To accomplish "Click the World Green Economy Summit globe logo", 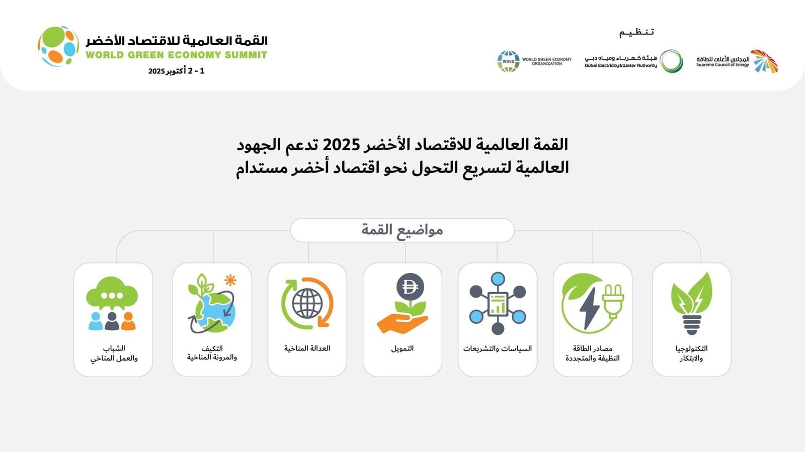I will click(58, 46).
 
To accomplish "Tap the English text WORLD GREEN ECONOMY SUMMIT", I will click(176, 55).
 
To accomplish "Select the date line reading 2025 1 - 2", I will click(176, 71).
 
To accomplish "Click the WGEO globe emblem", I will click(508, 61).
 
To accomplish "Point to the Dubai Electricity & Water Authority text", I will click(620, 65).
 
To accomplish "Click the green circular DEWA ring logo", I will click(671, 61).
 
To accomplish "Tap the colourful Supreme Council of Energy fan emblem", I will click(764, 61).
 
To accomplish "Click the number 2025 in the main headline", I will click(341, 145).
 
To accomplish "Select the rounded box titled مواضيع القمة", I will click(402, 230).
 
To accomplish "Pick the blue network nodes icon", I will click(498, 304).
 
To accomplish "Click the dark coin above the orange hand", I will click(410, 287).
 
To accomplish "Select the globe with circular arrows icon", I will click(307, 303).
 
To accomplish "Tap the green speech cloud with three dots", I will click(112, 293).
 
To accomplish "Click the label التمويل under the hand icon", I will click(402, 348).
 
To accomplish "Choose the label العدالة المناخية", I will click(307, 348).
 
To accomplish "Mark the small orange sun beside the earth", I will click(230, 280).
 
